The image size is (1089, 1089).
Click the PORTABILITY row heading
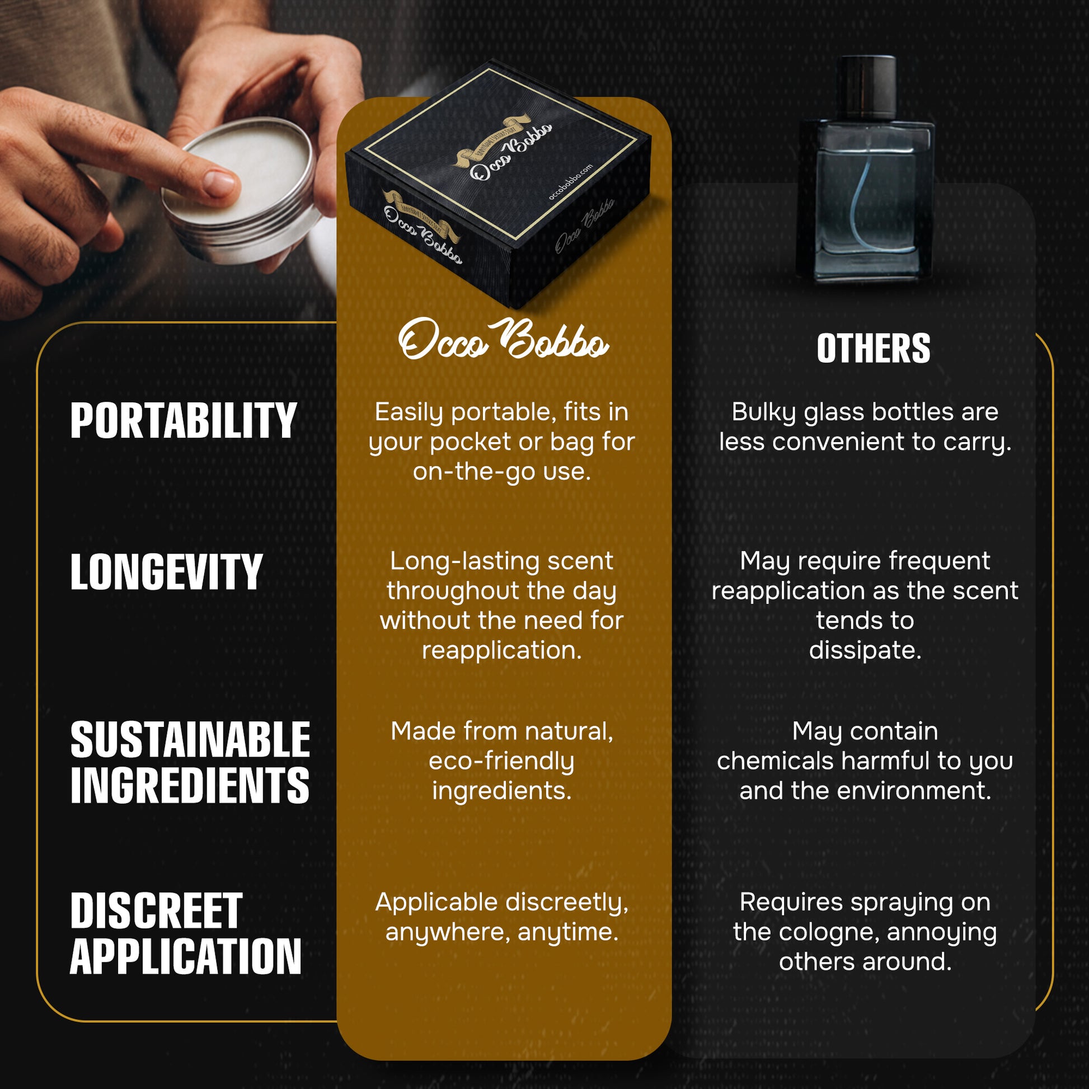point(183,420)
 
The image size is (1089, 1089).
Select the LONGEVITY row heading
point(167,571)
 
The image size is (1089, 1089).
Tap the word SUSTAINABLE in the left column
point(190,740)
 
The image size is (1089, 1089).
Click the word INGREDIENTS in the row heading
point(190,785)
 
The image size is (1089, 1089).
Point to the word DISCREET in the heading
point(156,911)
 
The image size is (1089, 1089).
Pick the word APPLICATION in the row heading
point(186,956)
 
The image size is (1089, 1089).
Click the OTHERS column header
point(873,348)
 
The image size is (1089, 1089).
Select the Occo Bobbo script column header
point(503,340)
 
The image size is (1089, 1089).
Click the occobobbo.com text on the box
point(570,182)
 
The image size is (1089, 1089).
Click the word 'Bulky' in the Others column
point(764,412)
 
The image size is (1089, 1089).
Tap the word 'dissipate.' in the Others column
point(865,650)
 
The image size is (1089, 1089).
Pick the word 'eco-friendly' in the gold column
point(501,762)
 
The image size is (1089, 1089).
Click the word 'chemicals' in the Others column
point(775,761)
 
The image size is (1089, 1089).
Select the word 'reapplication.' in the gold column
point(501,650)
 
